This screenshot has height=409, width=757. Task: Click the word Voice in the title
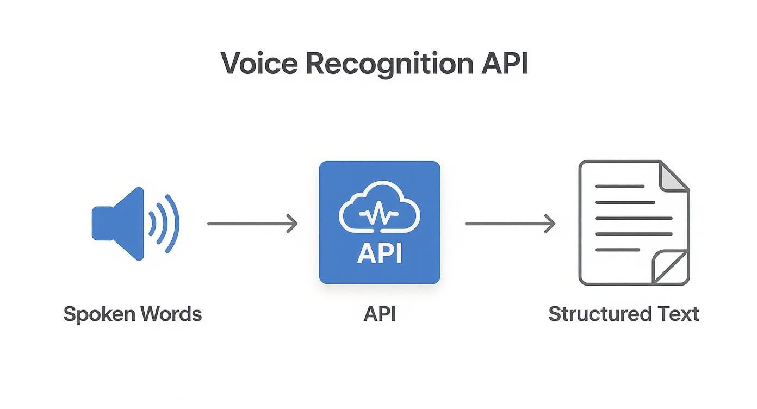(259, 64)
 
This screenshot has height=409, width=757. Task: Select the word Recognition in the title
(389, 64)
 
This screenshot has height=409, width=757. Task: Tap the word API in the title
(504, 64)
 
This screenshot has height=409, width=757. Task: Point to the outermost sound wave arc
(172, 224)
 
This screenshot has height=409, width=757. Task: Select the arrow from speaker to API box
(252, 224)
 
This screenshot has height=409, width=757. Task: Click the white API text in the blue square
(379, 253)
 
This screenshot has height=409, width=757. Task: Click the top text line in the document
(619, 187)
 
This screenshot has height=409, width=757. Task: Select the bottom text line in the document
(617, 250)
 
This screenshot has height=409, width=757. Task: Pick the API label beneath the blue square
(379, 314)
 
